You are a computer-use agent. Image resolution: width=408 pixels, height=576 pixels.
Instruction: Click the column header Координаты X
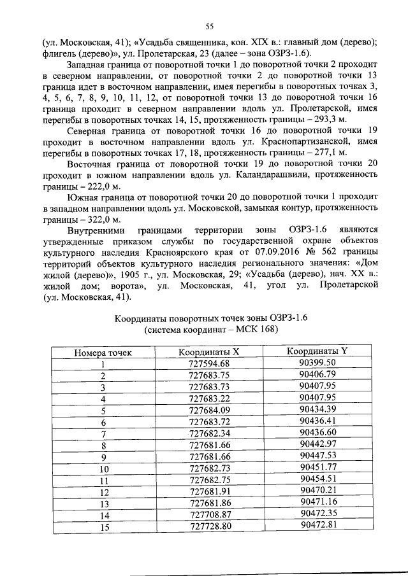click(208, 351)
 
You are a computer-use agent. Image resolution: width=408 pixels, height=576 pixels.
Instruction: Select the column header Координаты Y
click(317, 351)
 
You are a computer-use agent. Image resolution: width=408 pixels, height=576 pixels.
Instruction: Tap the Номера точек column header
click(102, 352)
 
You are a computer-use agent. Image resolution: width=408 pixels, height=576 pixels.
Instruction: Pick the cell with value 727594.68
click(208, 363)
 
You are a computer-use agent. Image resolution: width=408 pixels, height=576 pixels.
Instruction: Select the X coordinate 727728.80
click(208, 526)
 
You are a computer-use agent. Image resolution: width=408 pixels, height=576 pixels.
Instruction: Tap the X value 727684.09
click(208, 410)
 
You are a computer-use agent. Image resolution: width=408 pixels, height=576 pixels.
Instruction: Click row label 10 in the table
click(102, 468)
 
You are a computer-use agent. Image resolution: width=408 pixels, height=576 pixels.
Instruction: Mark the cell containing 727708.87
click(208, 514)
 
